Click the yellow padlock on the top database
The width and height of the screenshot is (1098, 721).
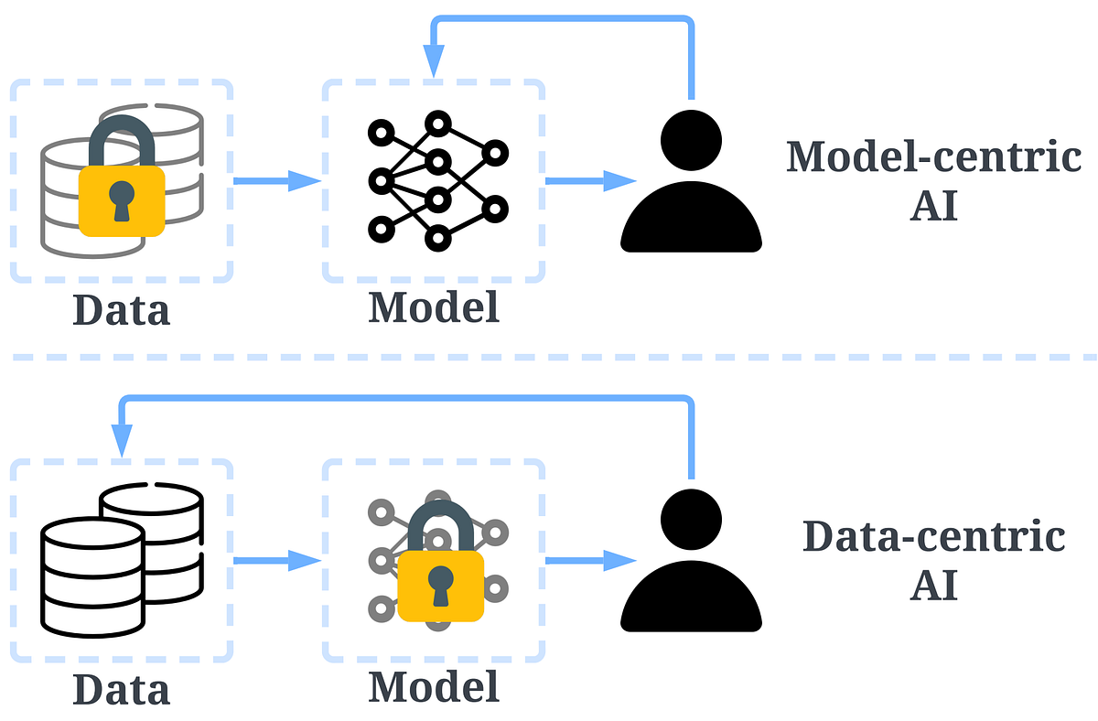tap(122, 197)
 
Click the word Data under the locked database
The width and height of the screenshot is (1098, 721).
tap(122, 309)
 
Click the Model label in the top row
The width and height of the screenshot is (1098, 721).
tap(434, 307)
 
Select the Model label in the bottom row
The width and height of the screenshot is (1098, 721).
tap(434, 685)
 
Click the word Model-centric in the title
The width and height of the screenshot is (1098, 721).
tap(933, 156)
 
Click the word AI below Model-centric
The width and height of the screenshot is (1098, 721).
tap(933, 207)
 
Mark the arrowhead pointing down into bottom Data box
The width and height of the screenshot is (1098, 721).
tap(122, 442)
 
